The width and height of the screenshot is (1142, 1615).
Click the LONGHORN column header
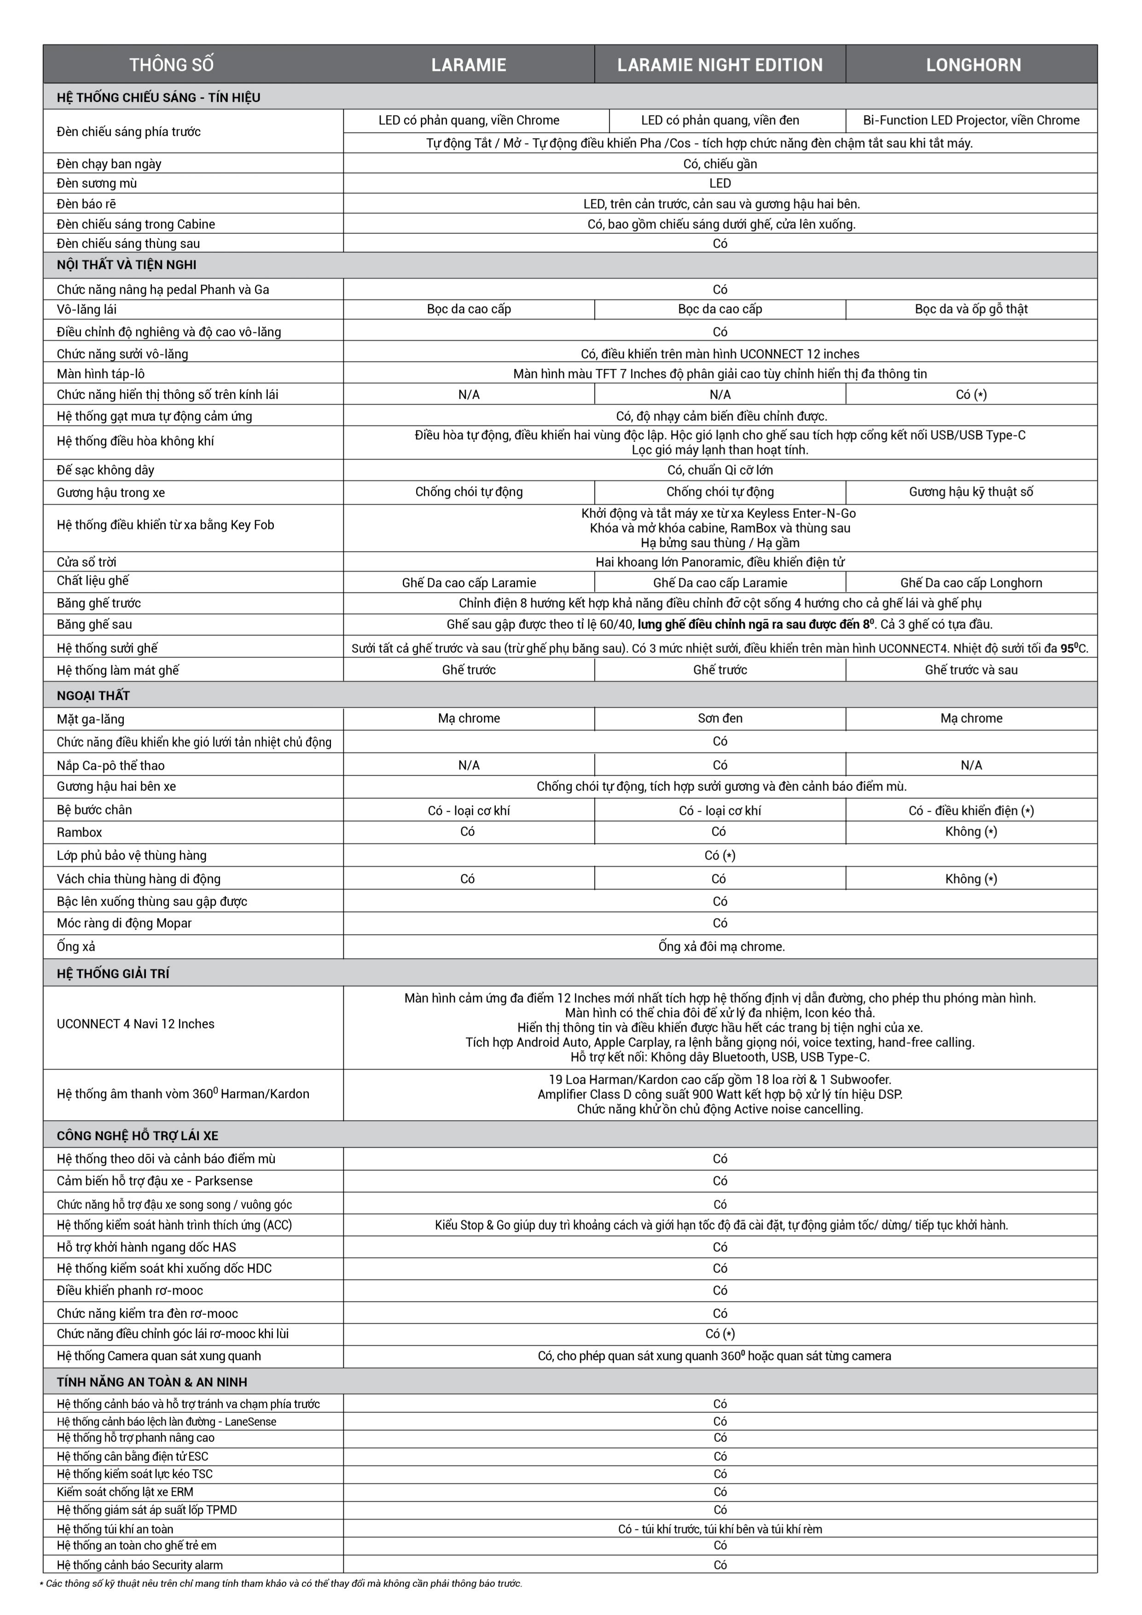[973, 65]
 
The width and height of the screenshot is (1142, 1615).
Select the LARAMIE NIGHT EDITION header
[719, 65]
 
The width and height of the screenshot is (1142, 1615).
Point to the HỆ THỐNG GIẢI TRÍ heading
[114, 974]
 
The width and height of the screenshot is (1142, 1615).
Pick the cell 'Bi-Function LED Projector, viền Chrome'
[971, 120]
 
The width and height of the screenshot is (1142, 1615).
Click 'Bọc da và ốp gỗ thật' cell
[971, 309]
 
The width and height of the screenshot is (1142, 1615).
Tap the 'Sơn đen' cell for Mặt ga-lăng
[719, 718]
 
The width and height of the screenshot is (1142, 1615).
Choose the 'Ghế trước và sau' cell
[971, 670]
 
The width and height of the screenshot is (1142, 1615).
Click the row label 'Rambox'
[80, 832]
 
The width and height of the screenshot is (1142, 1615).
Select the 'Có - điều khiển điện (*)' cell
[971, 810]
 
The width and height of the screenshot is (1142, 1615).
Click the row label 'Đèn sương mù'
[97, 184]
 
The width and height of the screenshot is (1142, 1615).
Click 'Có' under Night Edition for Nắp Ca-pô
[719, 765]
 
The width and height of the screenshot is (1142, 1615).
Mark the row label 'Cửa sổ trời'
[87, 562]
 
